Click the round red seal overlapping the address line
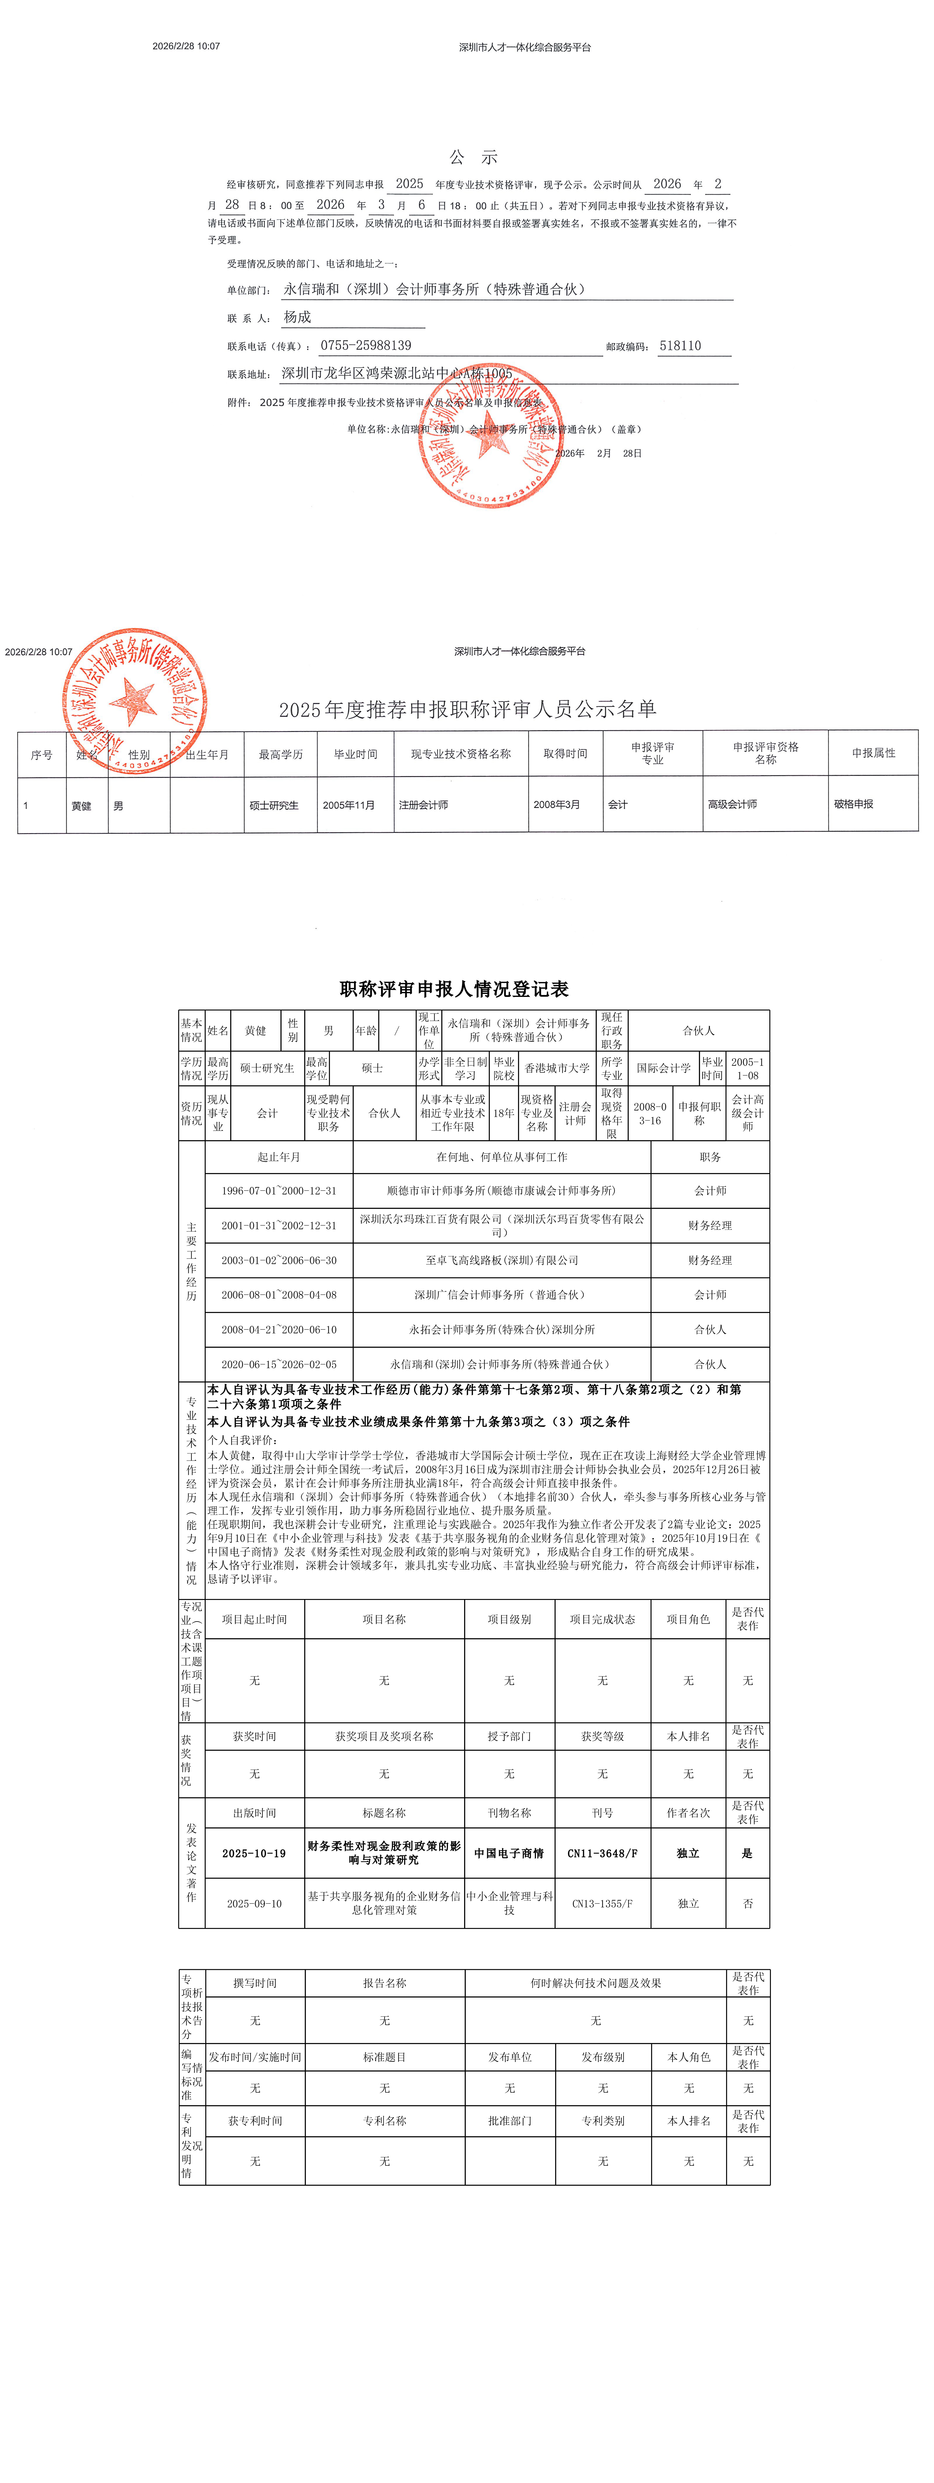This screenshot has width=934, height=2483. pyautogui.click(x=491, y=436)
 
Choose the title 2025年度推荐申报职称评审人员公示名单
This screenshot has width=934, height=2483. pyautogui.click(x=468, y=709)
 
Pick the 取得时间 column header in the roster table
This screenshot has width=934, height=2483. pyautogui.click(x=565, y=754)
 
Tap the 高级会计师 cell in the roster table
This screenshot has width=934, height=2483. pyautogui.click(x=733, y=804)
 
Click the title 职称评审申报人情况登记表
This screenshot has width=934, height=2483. pyautogui.click(x=454, y=989)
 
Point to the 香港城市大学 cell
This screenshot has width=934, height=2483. pyautogui.click(x=557, y=1068)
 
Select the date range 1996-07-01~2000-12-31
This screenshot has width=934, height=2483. pyautogui.click(x=279, y=1190)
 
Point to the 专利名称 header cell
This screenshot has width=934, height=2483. pyautogui.click(x=385, y=2121)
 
